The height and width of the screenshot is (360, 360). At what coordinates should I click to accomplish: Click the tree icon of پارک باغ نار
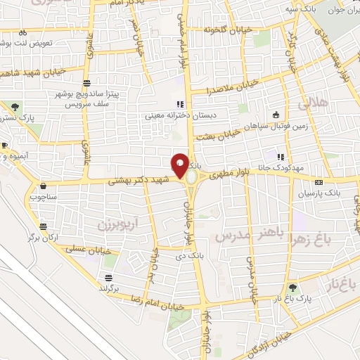coord(292,286)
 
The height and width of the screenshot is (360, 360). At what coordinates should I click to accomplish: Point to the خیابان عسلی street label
coord(84,249)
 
